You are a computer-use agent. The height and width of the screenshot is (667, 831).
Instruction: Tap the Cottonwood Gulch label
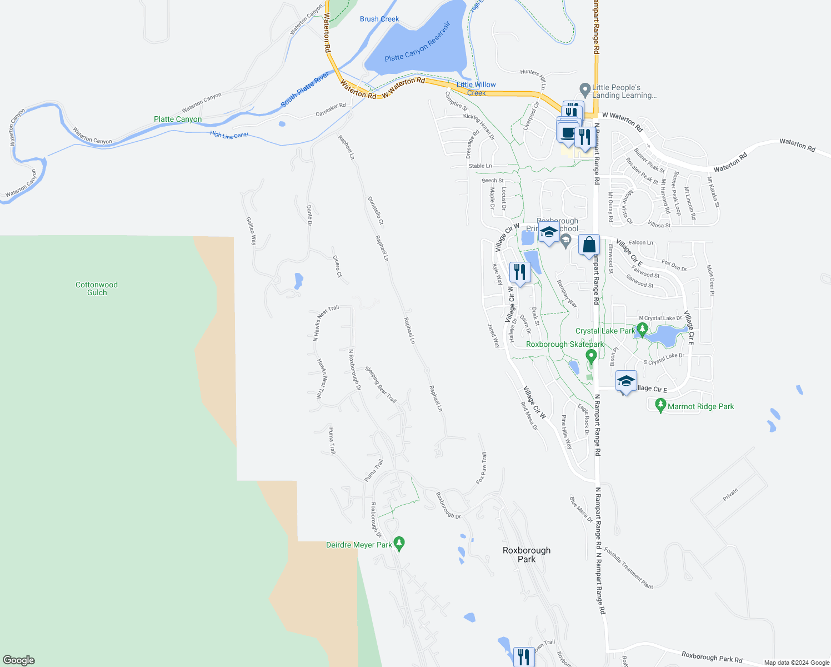[x=97, y=288]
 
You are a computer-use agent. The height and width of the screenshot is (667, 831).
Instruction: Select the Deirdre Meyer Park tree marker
[x=399, y=542]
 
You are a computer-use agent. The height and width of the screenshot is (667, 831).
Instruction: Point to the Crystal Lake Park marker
[x=642, y=330]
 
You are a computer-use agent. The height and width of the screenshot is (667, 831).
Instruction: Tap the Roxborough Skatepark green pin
[x=591, y=356]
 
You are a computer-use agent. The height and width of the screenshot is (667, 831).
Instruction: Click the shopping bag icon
[x=589, y=245]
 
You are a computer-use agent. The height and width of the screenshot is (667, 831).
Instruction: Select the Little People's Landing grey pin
[x=584, y=89]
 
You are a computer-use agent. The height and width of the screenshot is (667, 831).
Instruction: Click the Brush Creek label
[x=379, y=19]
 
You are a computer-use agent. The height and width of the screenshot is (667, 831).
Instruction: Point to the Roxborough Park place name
[x=526, y=554]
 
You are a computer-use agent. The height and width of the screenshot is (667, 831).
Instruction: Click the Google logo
[x=18, y=660]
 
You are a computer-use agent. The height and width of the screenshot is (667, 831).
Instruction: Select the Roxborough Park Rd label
[x=712, y=658]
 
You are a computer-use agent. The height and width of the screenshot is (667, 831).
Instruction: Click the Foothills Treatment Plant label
[x=628, y=568]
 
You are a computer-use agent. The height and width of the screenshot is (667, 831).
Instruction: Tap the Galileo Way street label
[x=251, y=231]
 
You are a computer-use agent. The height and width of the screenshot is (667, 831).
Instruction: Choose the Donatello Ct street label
[x=376, y=211]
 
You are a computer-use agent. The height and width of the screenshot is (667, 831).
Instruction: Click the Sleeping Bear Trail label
[x=381, y=385]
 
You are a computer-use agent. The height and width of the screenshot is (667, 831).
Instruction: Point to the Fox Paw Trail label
[x=482, y=468]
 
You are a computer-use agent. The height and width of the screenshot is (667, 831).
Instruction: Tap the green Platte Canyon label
[x=178, y=119]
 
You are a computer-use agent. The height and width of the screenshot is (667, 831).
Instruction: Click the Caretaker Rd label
[x=331, y=109]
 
